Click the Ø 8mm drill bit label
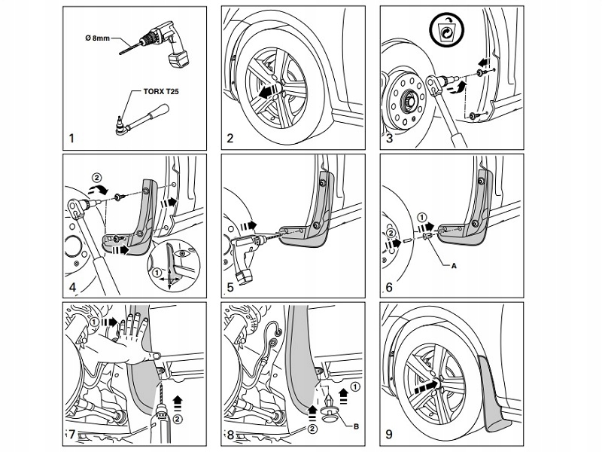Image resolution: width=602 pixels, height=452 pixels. pyautogui.click(x=97, y=38)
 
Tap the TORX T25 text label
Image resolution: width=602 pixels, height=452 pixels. pyautogui.click(x=161, y=91)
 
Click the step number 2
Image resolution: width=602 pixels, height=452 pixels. pyautogui.click(x=230, y=139)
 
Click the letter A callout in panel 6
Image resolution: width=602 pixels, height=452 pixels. pyautogui.click(x=454, y=266)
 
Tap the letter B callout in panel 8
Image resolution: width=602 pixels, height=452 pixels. pyautogui.click(x=356, y=426)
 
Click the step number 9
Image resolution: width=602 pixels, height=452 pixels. pyautogui.click(x=388, y=435)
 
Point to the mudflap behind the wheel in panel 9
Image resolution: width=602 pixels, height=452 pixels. pyautogui.click(x=494, y=392)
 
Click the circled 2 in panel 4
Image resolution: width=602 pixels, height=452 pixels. pyautogui.click(x=96, y=178)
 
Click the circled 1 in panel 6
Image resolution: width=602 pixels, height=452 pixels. pyautogui.click(x=421, y=218)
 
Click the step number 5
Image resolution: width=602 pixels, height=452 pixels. pyautogui.click(x=230, y=287)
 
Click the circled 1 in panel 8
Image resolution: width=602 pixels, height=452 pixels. pyautogui.click(x=356, y=387)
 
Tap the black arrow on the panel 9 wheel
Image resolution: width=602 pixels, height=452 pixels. pyautogui.click(x=427, y=385)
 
